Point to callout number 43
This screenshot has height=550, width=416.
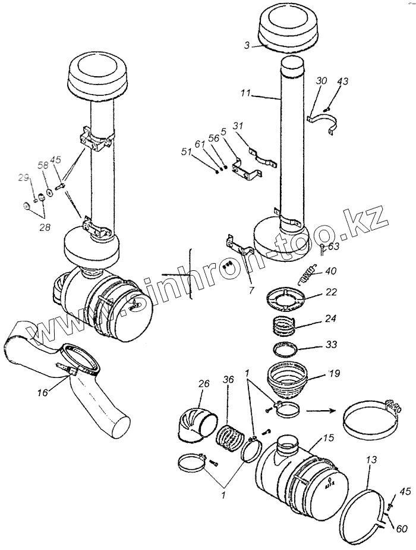[x=343, y=82]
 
